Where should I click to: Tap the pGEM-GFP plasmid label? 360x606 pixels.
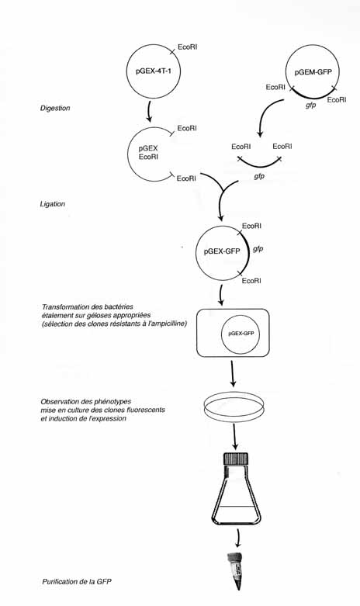313,72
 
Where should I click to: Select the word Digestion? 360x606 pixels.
55,108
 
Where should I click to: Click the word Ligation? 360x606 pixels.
53,203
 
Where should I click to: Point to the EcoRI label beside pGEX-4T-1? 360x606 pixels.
187,47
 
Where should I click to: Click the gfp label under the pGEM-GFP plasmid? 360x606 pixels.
311,105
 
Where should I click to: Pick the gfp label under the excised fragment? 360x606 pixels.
259,176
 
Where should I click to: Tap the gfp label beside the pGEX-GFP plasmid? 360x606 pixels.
258,249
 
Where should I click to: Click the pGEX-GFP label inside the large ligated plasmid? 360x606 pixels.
222,251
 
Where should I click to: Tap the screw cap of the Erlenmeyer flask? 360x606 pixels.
236,459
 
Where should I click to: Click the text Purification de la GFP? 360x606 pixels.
77,581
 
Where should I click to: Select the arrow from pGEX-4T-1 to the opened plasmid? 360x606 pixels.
149,111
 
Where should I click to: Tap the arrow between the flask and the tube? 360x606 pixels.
238,538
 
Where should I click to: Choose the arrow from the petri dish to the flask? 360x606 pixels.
235,436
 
